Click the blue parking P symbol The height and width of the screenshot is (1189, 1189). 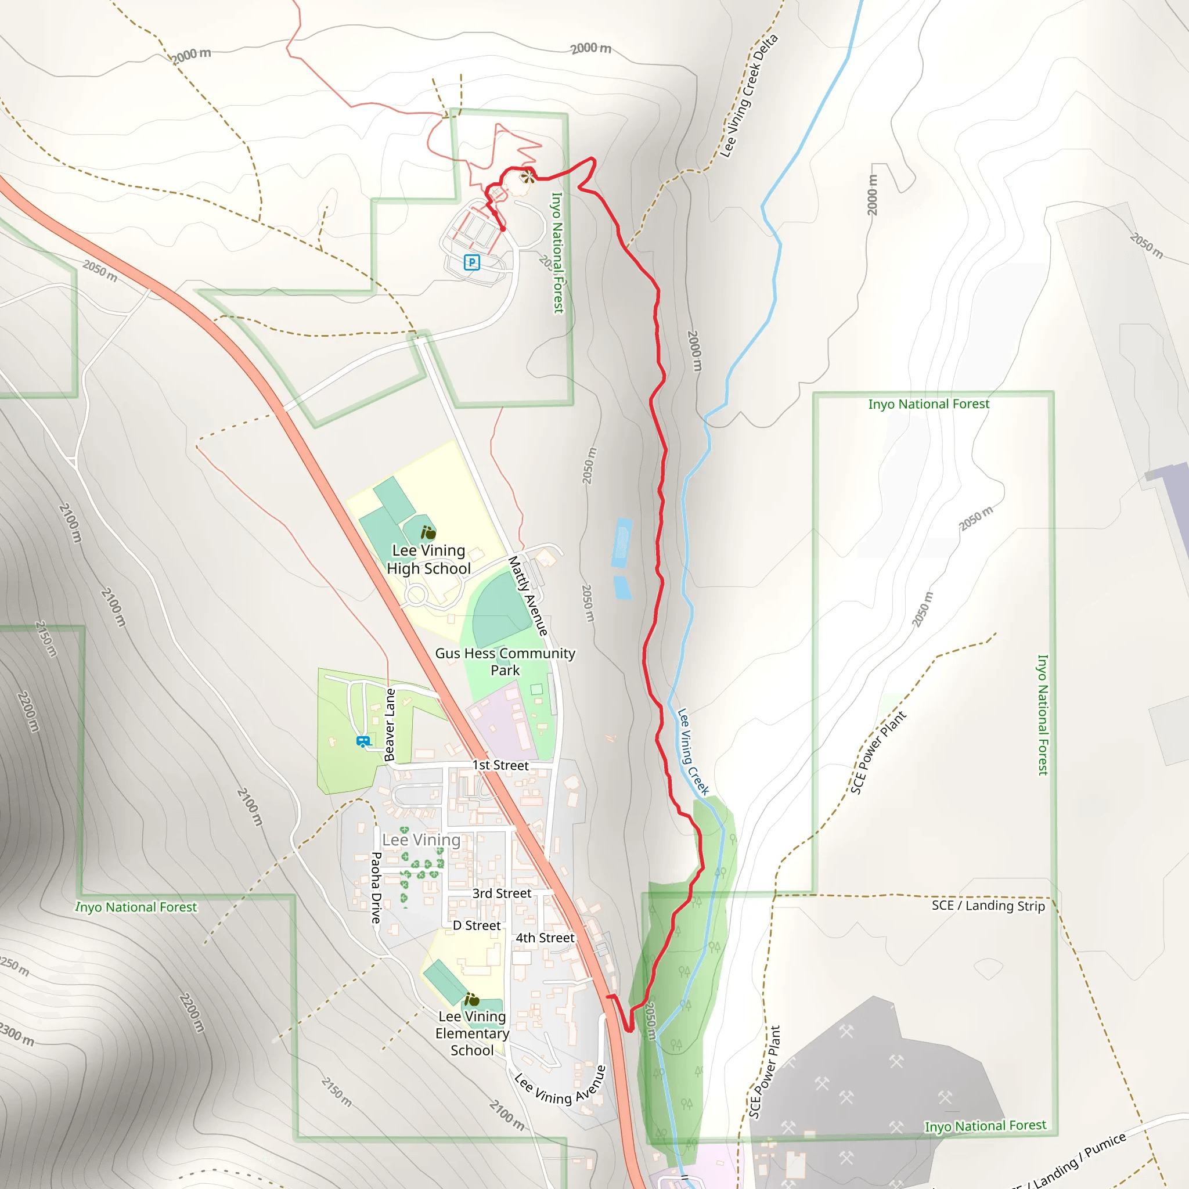point(471,263)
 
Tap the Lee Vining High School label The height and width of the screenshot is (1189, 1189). point(429,560)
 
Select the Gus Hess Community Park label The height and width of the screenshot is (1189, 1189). point(505,662)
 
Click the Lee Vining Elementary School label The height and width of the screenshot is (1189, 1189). point(472,1033)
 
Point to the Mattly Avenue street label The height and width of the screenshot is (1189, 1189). point(527,595)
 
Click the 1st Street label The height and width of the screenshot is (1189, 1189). point(500,765)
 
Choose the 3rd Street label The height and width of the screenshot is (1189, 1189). point(502,893)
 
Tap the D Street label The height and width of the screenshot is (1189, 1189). point(476,925)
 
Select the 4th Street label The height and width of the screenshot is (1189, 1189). point(545,937)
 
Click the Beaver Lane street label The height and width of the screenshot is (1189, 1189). point(390,725)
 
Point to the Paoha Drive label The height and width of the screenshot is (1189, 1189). point(376,888)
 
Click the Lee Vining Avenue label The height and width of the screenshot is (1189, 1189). point(560,1089)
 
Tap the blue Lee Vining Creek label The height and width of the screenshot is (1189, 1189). point(693,751)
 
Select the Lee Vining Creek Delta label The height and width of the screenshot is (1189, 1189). point(749,95)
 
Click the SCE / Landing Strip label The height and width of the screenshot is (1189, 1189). point(988,905)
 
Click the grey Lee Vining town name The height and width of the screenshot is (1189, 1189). point(421,839)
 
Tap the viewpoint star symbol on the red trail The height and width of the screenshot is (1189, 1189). point(527,177)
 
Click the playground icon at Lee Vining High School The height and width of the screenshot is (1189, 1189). point(429,532)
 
